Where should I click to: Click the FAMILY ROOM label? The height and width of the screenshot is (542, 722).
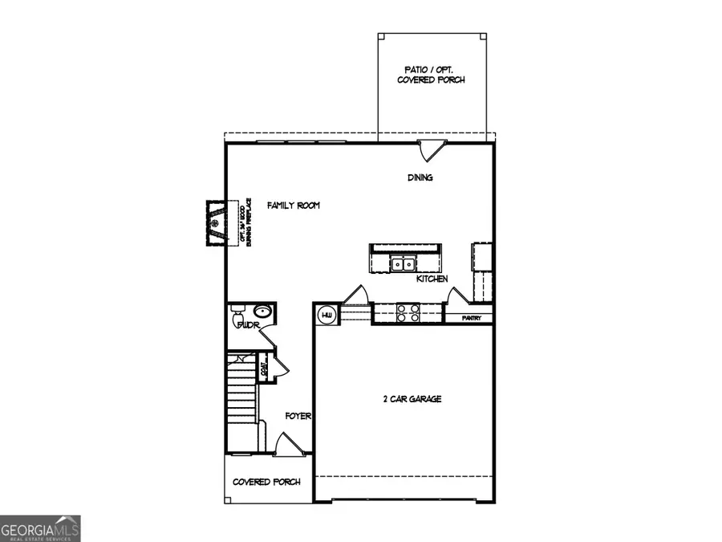294,206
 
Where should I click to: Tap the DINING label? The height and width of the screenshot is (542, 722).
420,178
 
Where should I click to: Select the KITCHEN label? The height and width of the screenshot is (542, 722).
432,279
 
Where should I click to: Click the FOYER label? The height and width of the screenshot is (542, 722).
299,416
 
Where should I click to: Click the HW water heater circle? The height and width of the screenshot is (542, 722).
327,316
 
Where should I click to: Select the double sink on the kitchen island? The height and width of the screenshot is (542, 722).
402,263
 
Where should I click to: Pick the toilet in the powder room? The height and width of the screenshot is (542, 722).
237,323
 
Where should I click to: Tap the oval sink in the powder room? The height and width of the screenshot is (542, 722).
262,312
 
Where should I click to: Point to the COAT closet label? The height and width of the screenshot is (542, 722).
264,370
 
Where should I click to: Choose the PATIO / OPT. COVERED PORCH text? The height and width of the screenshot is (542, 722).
431,75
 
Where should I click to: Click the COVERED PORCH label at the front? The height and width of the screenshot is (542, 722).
266,482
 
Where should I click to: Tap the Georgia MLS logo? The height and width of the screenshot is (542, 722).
40,529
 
